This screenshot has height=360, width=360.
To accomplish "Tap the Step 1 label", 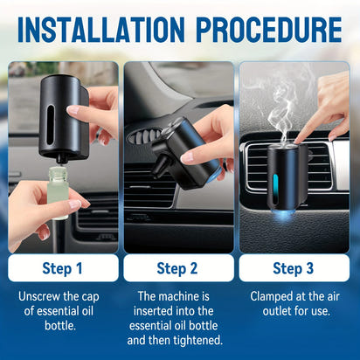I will pyautogui.click(x=63, y=267).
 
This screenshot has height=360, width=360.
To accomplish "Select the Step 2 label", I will pyautogui.click(x=178, y=267).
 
